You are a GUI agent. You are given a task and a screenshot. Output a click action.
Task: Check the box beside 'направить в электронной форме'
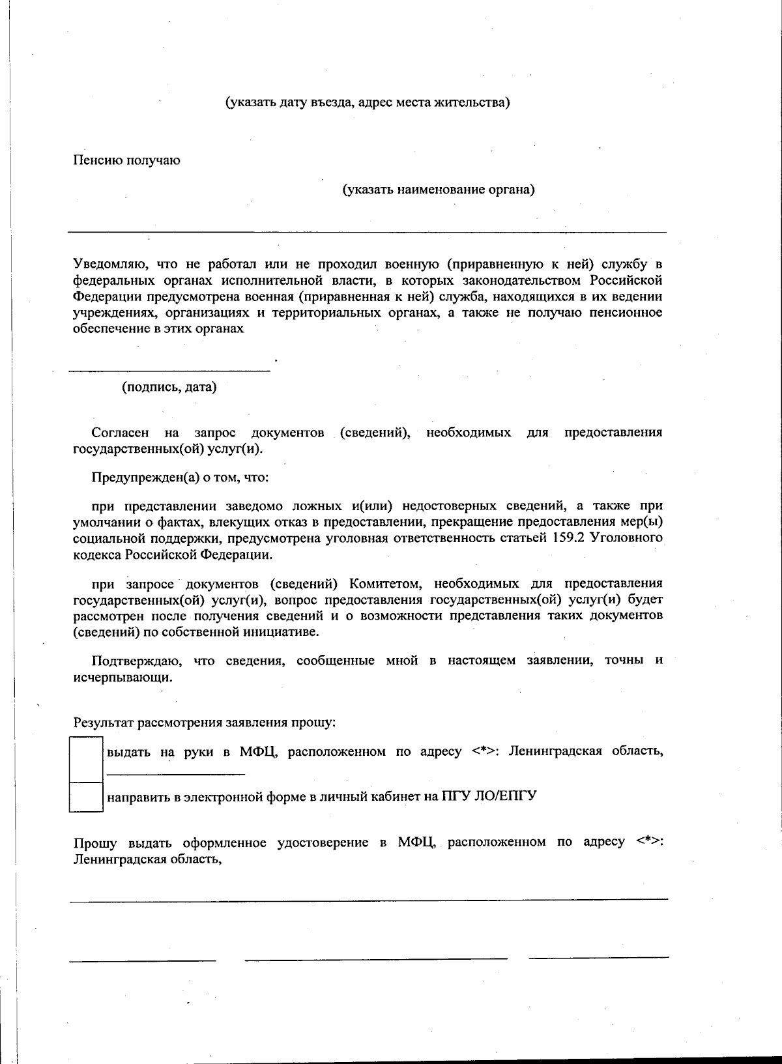pos(86,797)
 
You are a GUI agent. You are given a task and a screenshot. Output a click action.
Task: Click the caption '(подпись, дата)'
pos(169,388)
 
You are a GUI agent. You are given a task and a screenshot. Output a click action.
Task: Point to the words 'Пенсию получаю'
pos(126,160)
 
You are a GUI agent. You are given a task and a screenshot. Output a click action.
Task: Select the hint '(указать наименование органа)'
pos(439,190)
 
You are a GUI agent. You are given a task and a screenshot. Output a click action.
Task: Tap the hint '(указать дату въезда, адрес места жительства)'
pos(368,103)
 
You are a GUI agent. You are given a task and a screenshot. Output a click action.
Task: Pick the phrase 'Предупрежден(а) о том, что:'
pos(180,478)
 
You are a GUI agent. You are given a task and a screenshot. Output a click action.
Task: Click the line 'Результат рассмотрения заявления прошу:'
pos(205,723)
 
